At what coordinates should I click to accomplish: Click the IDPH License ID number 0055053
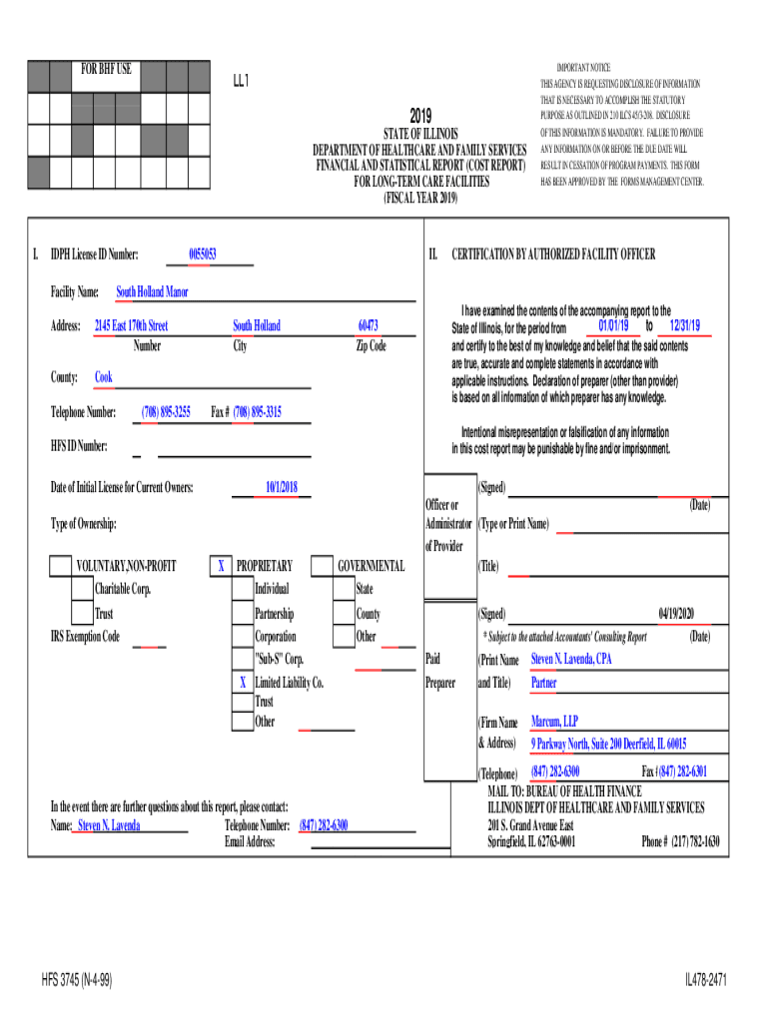click(203, 255)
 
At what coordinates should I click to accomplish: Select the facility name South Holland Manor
click(152, 292)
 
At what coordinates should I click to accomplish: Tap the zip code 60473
click(369, 325)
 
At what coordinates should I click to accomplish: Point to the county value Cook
click(104, 377)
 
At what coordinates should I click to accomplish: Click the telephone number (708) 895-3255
click(166, 412)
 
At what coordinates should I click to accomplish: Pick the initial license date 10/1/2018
click(282, 487)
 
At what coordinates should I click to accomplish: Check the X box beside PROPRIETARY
click(220, 566)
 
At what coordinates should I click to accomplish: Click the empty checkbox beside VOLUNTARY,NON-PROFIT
click(61, 566)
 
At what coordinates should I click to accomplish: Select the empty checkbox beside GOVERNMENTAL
click(322, 566)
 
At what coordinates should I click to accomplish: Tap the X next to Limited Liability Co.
click(242, 683)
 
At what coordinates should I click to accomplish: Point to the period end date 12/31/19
click(685, 326)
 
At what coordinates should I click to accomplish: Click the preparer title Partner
click(544, 684)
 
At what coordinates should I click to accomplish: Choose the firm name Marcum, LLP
click(554, 721)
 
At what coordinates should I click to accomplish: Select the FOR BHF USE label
click(106, 70)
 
